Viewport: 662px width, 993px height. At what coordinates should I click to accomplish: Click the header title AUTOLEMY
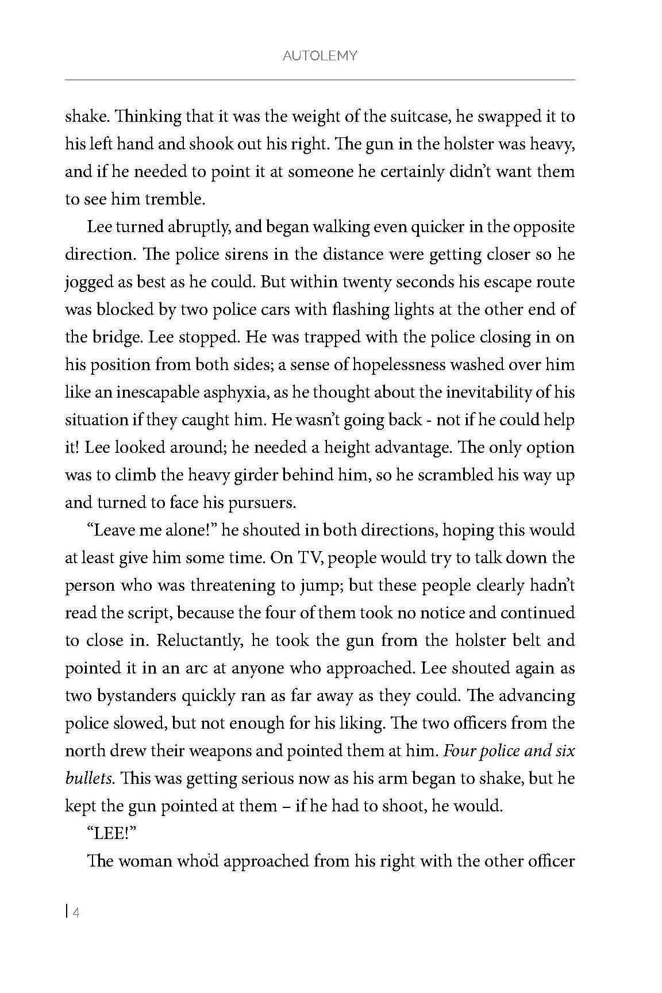320,56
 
